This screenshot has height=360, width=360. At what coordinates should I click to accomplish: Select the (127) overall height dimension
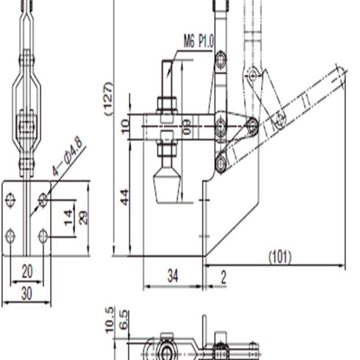(x=108, y=99)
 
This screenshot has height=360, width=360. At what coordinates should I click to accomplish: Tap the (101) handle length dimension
(x=280, y=257)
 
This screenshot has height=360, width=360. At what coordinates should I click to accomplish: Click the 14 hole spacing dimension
(x=68, y=217)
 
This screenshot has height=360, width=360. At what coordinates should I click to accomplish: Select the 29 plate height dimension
(x=83, y=217)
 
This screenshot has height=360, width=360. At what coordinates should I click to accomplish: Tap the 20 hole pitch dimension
(x=27, y=271)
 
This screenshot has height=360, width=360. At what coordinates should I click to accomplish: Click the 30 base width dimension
(x=27, y=293)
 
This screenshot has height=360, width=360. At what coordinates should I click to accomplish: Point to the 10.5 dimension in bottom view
(x=109, y=320)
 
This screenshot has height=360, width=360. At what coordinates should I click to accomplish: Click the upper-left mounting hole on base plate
(x=11, y=199)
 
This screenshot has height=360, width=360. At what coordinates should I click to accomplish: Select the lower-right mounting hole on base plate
(x=43, y=235)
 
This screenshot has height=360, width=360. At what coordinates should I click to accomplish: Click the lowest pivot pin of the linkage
(x=220, y=163)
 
